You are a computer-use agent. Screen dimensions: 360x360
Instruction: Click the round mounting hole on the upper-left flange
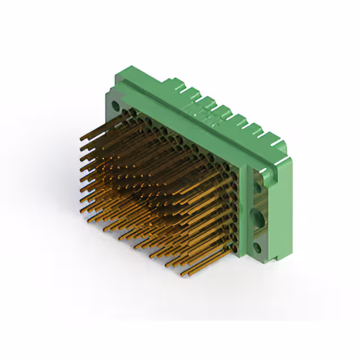click(x=116, y=105)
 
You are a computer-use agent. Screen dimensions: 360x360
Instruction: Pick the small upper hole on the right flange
click(x=259, y=183)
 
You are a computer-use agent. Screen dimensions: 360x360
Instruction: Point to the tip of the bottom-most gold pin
click(x=183, y=275)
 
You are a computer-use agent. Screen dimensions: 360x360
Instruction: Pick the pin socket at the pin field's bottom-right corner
click(x=232, y=246)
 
